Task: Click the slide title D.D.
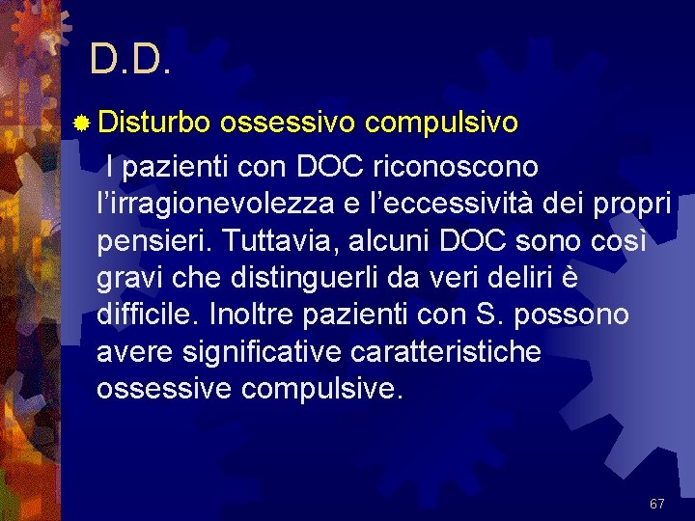click(131, 60)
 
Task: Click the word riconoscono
click(455, 168)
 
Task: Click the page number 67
click(656, 504)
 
